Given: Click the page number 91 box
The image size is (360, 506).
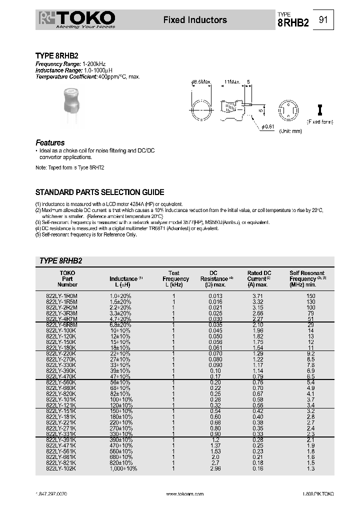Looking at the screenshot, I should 323,20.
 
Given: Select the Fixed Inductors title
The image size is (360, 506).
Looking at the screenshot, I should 195,20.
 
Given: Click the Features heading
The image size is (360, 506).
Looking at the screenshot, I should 50,142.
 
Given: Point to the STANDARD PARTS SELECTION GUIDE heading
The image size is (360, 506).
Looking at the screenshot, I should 99,192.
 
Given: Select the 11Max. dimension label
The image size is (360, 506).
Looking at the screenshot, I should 232,81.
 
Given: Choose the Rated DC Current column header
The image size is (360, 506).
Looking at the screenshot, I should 259,278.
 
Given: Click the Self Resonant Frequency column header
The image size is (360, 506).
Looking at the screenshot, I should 306,278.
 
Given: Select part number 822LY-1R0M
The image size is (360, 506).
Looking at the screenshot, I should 62,296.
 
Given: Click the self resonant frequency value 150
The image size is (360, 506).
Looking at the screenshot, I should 310,296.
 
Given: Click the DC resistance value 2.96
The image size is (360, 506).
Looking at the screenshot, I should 214,468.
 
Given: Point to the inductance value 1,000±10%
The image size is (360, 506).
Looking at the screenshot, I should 123,468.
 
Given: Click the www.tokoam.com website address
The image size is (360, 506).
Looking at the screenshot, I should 184,493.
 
